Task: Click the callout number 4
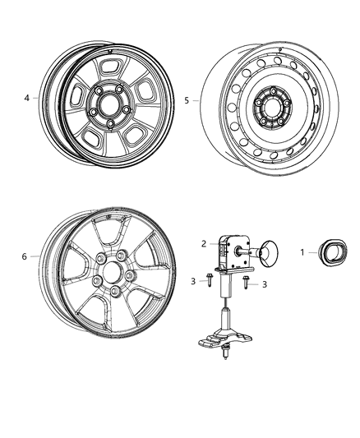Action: tap(26, 98)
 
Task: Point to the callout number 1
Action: tap(301, 251)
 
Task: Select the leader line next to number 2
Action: tap(215, 244)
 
